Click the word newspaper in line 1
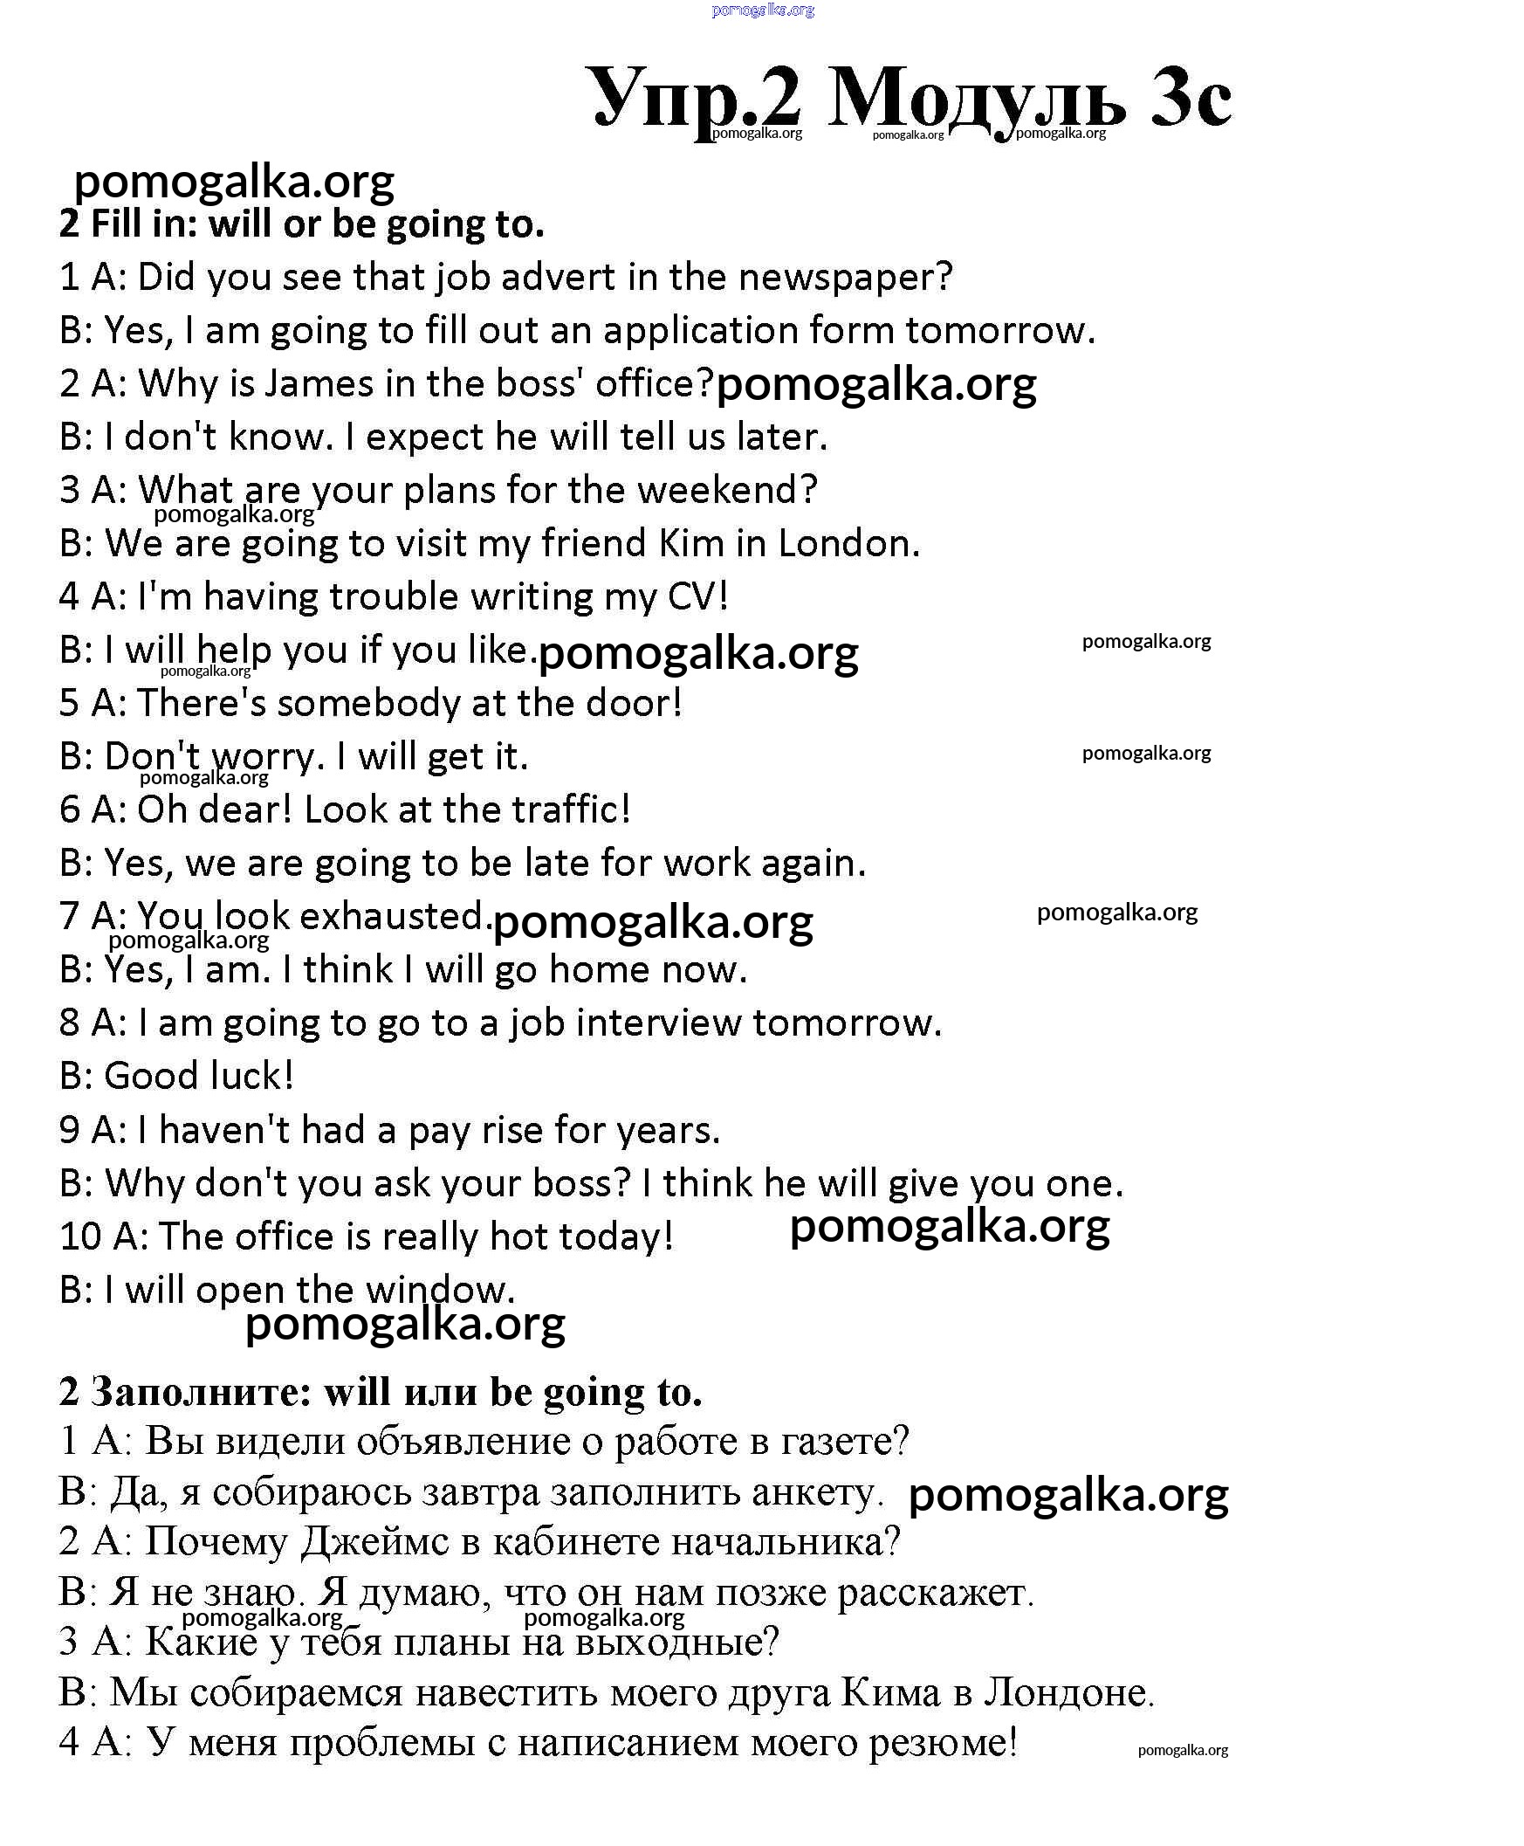tap(845, 278)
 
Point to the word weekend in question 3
tap(727, 490)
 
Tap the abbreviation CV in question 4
tap(697, 597)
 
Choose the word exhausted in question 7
tap(392, 917)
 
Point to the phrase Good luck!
tap(198, 1077)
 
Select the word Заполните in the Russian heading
tap(201, 1392)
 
